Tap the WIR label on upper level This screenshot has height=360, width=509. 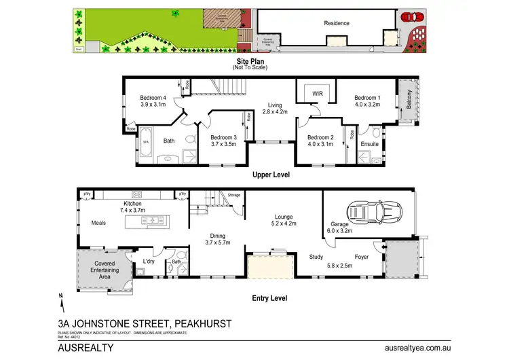tap(317, 93)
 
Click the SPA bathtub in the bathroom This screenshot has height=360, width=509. tap(146, 142)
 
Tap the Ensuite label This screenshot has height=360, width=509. tap(370, 144)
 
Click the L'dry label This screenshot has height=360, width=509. tap(149, 261)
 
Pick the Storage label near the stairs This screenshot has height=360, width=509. tap(234, 194)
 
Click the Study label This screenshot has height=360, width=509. tap(316, 257)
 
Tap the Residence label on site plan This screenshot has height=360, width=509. tap(337, 23)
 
